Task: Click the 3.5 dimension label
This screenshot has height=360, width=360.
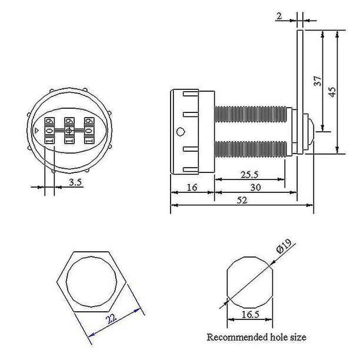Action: (x=75, y=182)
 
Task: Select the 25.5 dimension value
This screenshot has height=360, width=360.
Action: (x=249, y=175)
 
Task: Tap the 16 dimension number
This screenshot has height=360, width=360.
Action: (x=192, y=188)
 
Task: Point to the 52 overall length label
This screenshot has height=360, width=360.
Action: (x=242, y=201)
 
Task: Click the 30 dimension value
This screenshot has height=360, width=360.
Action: (x=255, y=188)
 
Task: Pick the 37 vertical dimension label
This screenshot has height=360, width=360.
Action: (x=318, y=81)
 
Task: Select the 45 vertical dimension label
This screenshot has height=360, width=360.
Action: (x=332, y=92)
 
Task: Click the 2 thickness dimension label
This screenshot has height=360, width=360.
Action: (x=279, y=16)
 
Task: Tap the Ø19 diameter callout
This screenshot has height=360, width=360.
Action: (x=284, y=246)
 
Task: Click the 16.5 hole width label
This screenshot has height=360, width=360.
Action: (x=250, y=314)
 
